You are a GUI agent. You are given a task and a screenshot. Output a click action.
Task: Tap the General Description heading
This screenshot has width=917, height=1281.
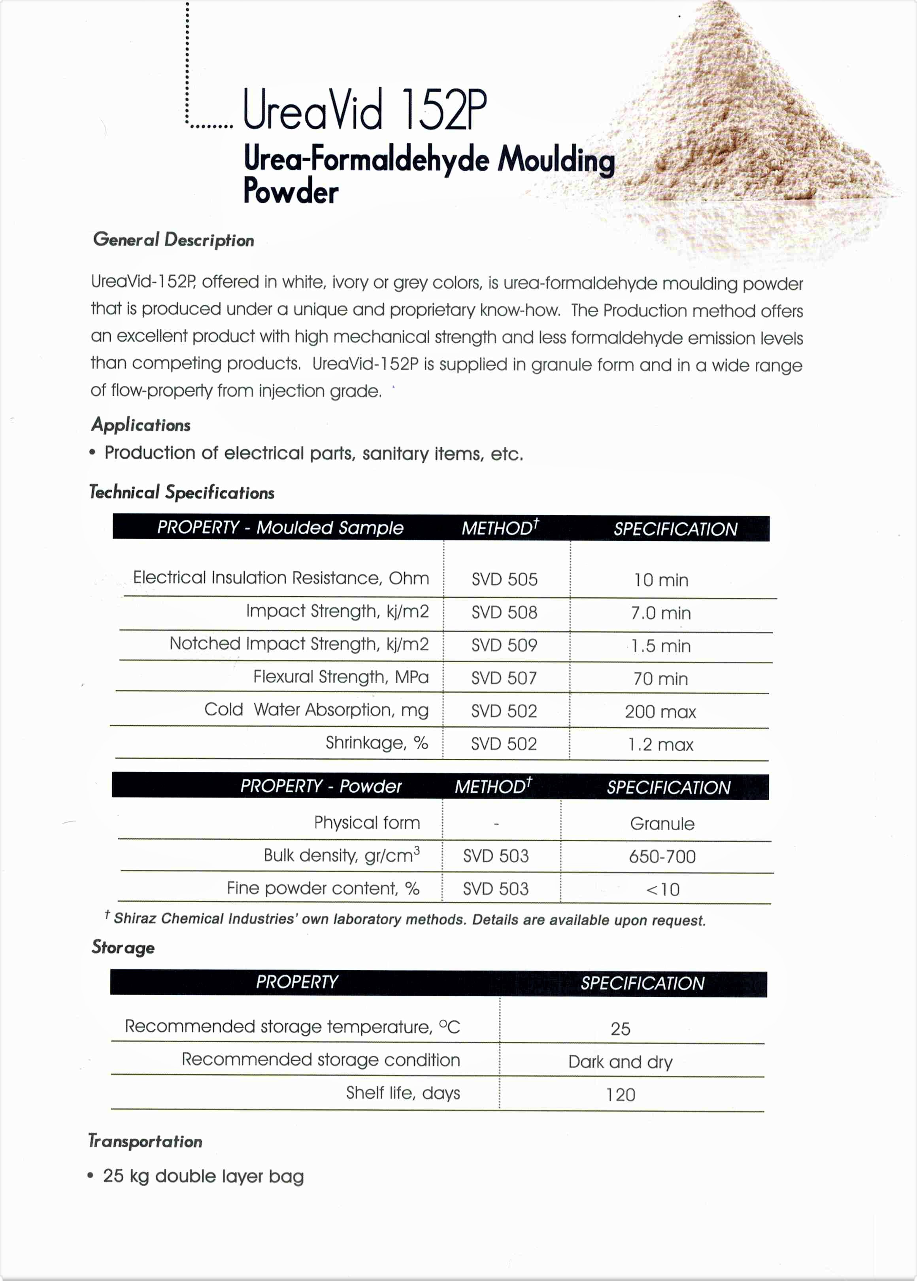[174, 240]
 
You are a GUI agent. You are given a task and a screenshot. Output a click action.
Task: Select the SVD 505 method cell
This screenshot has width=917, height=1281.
[504, 579]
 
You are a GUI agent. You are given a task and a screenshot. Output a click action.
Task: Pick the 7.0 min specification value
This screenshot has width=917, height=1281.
[660, 613]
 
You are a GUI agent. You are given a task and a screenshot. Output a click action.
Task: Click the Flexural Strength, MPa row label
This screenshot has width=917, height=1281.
[340, 676]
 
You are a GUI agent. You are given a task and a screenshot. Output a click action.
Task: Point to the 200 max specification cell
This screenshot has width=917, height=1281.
[660, 712]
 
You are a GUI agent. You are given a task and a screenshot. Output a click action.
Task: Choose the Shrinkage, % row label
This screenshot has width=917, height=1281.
[377, 743]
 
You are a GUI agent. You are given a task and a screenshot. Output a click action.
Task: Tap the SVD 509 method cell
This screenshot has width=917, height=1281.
[504, 645]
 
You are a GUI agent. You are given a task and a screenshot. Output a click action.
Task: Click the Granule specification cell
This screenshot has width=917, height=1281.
[662, 824]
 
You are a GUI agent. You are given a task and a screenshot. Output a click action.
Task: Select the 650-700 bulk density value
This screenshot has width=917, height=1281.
[662, 856]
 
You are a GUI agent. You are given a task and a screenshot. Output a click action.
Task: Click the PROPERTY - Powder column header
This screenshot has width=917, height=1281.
[321, 786]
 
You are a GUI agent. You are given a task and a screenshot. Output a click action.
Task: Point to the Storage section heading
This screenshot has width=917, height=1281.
[123, 947]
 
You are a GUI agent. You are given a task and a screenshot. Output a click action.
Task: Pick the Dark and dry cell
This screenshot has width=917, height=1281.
[620, 1062]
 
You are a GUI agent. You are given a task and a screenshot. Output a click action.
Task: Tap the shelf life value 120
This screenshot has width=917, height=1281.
[620, 1095]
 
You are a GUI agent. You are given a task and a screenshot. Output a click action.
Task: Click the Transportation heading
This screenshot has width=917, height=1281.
[145, 1141]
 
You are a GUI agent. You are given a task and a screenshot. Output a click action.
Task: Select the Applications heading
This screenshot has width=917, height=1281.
[141, 425]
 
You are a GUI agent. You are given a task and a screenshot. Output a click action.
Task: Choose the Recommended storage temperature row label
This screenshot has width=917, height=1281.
[292, 1026]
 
